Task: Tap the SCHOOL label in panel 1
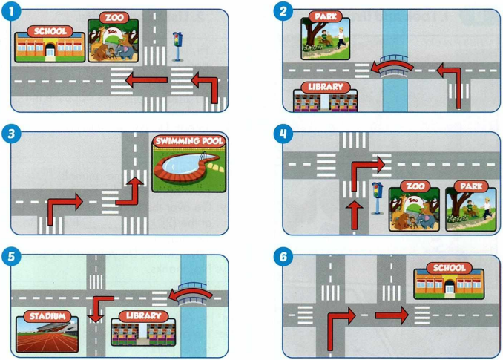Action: point(49,32)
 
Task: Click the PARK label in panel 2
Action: point(325,16)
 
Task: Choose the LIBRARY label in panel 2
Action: point(325,87)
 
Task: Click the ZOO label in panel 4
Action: point(414,185)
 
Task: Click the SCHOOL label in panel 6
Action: point(448,268)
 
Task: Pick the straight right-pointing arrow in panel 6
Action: point(391,316)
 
